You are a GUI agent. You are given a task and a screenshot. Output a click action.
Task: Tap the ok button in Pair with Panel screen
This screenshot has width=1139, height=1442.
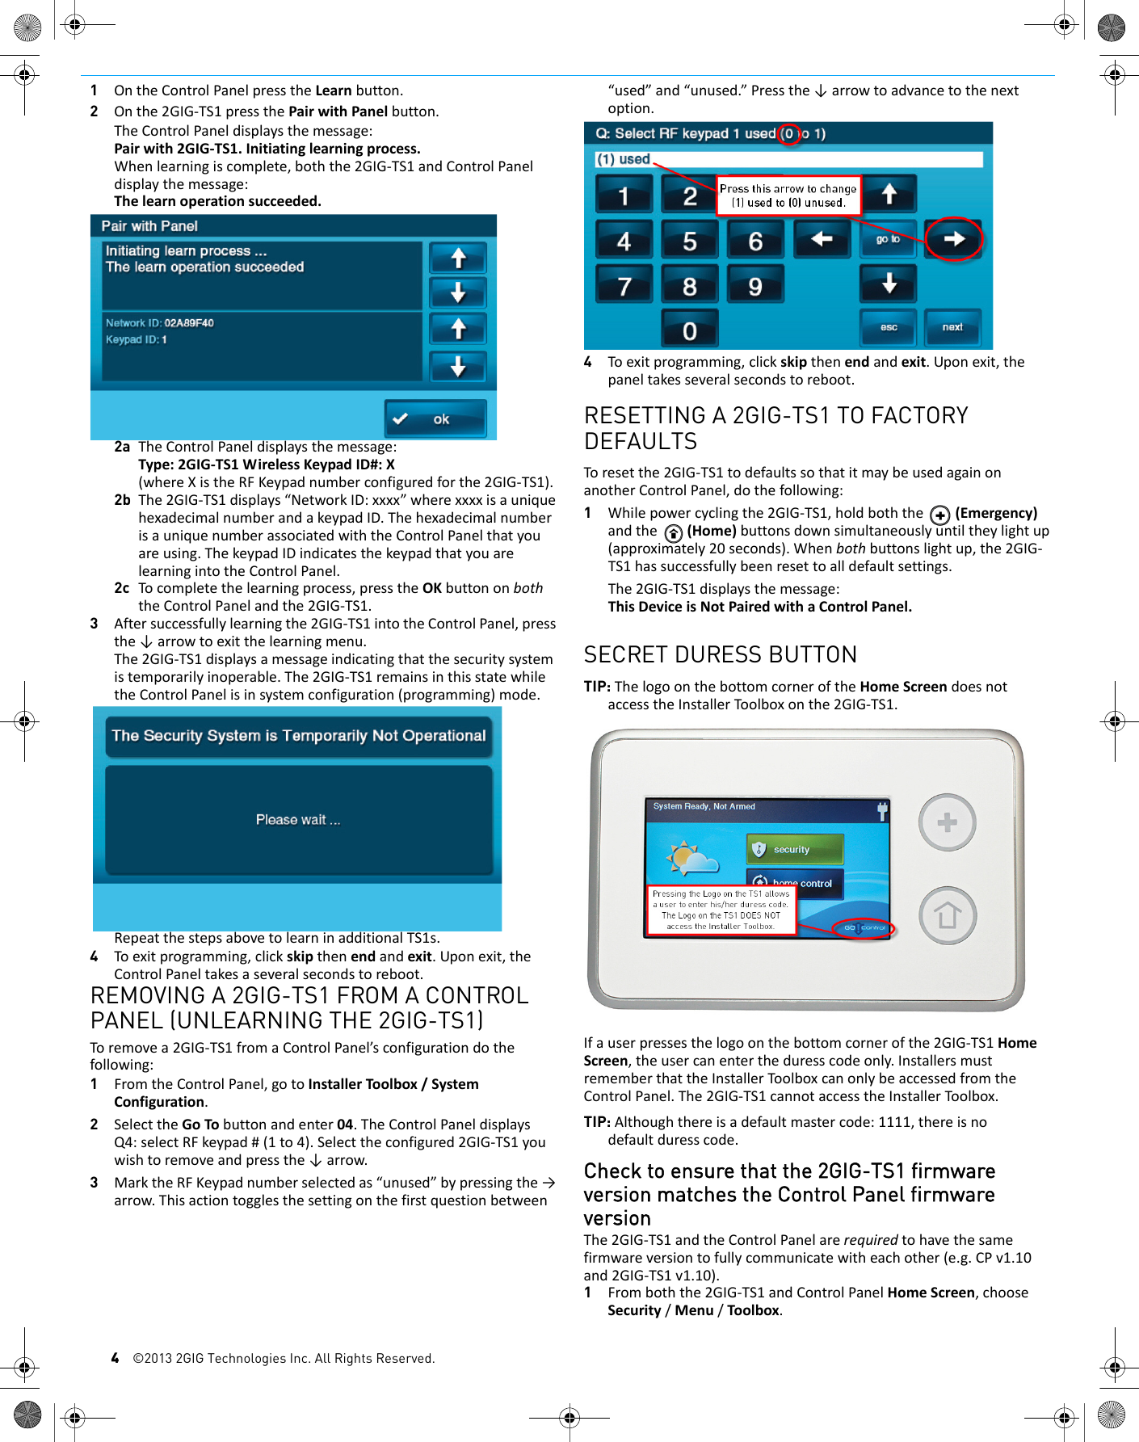[435, 419]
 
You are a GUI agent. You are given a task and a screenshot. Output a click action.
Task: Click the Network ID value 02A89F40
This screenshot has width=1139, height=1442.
[189, 323]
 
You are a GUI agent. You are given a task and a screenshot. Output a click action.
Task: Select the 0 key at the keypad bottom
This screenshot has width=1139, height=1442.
[689, 330]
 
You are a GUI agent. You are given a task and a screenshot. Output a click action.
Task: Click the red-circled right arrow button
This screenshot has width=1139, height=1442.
[953, 239]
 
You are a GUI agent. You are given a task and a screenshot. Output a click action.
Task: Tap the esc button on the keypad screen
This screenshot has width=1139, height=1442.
[888, 327]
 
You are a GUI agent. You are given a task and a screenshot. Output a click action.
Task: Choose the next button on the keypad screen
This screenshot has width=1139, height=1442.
[952, 327]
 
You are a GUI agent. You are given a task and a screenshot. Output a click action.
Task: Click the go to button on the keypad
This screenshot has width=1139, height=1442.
[888, 239]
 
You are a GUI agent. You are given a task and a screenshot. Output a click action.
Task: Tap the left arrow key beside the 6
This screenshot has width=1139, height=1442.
[822, 239]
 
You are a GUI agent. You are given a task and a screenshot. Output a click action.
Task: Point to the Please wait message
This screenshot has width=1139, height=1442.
[298, 820]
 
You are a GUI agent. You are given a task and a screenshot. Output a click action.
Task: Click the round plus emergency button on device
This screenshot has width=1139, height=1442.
[947, 823]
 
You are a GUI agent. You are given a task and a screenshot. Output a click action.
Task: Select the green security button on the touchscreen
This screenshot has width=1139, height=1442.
[794, 849]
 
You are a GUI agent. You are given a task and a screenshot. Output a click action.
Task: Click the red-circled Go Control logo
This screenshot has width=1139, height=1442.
[864, 927]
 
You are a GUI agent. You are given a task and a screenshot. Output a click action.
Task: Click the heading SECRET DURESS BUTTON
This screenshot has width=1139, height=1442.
[720, 654]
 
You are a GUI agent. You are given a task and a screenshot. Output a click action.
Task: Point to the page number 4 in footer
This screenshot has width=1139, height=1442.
[116, 1358]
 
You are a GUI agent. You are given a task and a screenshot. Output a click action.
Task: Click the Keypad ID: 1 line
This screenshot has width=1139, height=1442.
[137, 340]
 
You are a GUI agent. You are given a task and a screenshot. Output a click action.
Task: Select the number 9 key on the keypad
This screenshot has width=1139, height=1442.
[754, 285]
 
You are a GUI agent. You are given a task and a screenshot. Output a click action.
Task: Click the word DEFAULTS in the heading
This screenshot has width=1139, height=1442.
[640, 442]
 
